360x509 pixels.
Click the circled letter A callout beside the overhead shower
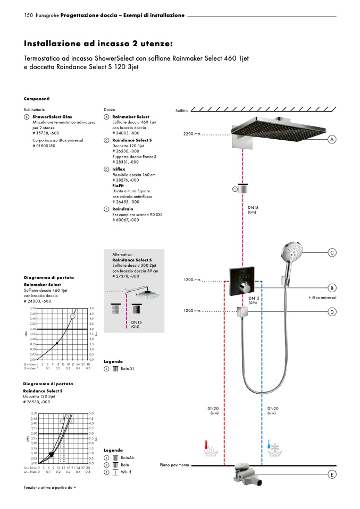(332, 139)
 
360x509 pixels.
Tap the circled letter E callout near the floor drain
(332, 474)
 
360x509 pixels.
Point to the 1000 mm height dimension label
(192, 310)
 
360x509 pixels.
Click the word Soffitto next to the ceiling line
(182, 111)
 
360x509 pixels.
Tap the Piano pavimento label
(174, 465)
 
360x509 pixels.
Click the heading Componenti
(37, 99)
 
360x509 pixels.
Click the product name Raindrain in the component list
(123, 209)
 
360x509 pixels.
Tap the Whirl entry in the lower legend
(126, 472)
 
